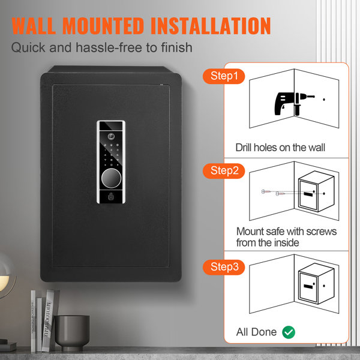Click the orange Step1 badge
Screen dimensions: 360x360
coord(223,76)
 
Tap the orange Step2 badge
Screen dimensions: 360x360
coord(223,171)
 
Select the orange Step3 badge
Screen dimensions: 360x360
coord(223,266)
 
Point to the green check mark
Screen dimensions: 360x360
coord(288,332)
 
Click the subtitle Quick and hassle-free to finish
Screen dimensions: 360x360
coord(102,47)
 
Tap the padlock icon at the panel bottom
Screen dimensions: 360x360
coord(110,196)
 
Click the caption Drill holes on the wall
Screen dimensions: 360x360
coord(280,147)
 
